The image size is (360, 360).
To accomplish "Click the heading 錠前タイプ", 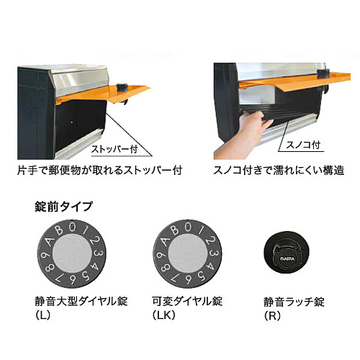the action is [63, 207].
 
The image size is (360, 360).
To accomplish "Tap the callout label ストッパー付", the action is [114, 149].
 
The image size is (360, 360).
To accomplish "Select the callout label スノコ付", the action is [303, 145].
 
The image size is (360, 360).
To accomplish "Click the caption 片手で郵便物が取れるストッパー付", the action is [100, 170].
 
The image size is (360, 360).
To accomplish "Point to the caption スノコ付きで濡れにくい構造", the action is [279, 170].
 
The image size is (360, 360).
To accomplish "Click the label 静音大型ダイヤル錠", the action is [81, 301].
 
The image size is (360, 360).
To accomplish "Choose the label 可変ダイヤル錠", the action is [187, 301].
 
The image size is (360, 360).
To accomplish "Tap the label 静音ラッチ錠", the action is [294, 302].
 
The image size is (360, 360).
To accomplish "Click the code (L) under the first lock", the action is [43, 315].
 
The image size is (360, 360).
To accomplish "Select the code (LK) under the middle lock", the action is [164, 315].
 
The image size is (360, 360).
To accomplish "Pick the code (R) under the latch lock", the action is [272, 316].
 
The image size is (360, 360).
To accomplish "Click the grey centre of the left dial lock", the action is [72, 253].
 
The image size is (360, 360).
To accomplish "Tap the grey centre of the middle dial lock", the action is [187, 253].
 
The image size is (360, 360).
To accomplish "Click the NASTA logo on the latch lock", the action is [287, 259].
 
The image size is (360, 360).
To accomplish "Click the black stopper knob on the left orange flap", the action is [122, 87].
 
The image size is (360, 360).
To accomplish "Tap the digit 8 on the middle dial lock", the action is [166, 267].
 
